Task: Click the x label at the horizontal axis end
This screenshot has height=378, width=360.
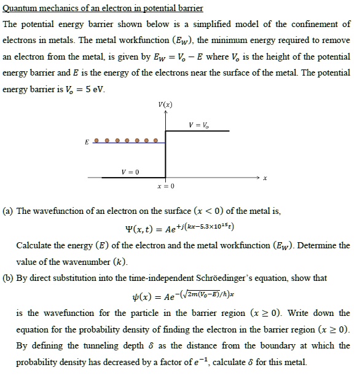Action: (x=265, y=179)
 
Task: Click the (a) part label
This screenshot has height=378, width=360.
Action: (x=9, y=211)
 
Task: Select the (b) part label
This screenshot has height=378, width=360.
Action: (x=9, y=278)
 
